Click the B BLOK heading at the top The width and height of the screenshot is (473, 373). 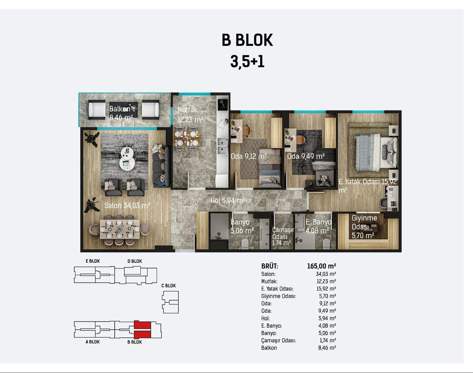(x=247, y=40)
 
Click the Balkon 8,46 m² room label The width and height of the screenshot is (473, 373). (x=121, y=113)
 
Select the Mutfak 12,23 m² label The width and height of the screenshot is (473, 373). (x=190, y=115)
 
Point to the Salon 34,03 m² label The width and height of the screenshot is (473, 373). (x=127, y=206)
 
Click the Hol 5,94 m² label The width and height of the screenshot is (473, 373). (x=228, y=200)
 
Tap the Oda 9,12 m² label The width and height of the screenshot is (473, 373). (x=249, y=156)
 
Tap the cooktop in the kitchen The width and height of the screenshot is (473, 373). (x=223, y=105)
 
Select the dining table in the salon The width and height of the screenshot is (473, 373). (x=120, y=229)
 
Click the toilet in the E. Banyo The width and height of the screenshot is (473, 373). (x=326, y=244)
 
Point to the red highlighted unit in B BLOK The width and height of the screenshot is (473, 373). (x=142, y=330)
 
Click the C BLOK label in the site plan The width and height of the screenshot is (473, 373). (x=169, y=286)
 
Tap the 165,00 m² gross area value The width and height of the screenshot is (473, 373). (x=322, y=266)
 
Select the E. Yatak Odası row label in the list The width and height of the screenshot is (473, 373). (x=277, y=289)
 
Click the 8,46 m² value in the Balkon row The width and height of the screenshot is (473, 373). (x=327, y=348)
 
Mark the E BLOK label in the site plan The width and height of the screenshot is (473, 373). (x=93, y=261)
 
